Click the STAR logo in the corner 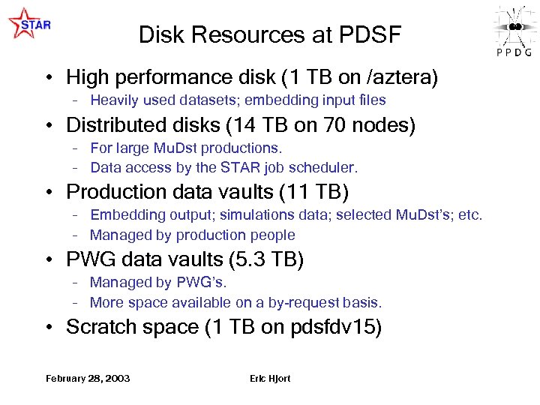pos(29,24)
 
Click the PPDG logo pos(514,30)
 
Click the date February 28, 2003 pos(88,378)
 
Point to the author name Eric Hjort pos(270,378)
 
